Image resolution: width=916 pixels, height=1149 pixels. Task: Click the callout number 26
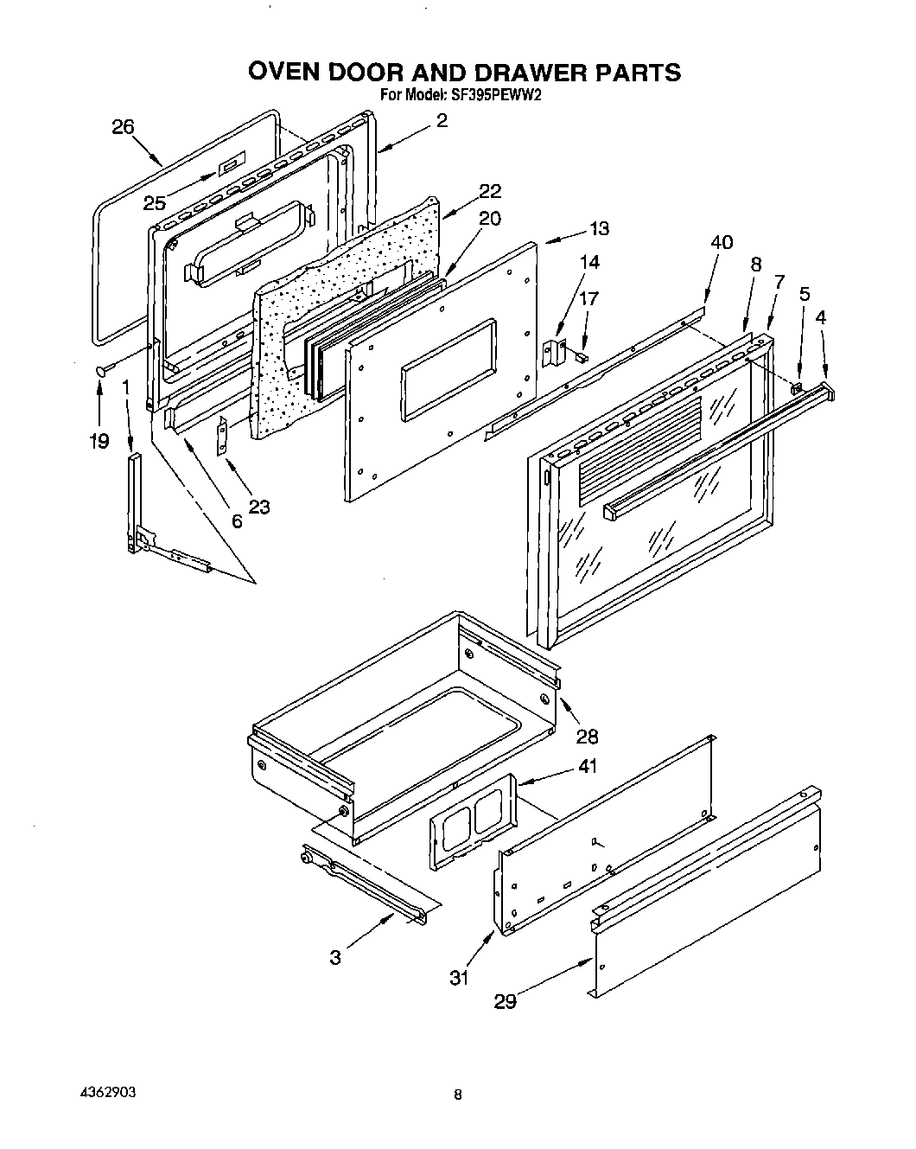pos(123,127)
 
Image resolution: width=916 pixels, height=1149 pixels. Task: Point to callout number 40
pos(722,242)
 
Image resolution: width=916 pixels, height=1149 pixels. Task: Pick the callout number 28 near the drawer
pos(588,736)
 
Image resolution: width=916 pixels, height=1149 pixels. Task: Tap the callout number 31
pos(459,978)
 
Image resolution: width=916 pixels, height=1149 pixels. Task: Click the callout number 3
pos(335,957)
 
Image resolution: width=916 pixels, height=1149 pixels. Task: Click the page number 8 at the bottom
pos(458,1095)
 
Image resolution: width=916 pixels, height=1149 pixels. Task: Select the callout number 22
pos(490,191)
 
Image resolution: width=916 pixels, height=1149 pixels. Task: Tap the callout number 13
pos(599,228)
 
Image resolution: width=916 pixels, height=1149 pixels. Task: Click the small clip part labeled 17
pos(581,354)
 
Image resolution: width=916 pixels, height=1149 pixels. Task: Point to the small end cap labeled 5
pos(797,386)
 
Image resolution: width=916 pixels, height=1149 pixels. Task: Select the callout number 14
pos(589,262)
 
